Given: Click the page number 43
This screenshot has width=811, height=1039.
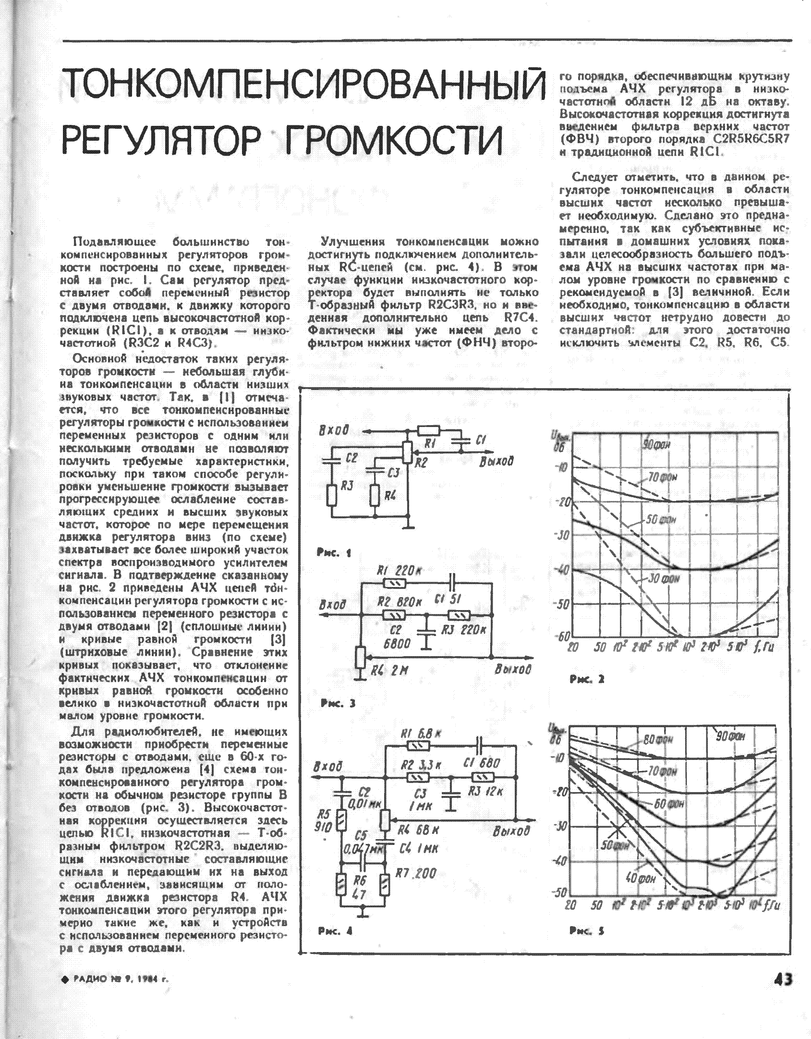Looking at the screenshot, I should click(x=783, y=979).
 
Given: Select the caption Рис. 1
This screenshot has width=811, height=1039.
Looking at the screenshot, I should click(x=334, y=553).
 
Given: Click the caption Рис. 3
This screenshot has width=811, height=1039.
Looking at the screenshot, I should click(x=338, y=704).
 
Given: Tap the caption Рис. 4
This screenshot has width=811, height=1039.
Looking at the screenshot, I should click(x=335, y=931).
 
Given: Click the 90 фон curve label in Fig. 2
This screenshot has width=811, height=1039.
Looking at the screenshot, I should click(x=656, y=444).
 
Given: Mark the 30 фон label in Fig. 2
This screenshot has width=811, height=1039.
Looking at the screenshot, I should click(x=664, y=579).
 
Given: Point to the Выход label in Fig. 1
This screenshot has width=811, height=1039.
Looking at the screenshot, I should click(x=496, y=461).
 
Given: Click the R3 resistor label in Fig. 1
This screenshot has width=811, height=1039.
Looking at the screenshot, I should click(x=347, y=486).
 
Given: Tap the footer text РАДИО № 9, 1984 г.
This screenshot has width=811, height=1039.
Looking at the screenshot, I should click(x=116, y=979).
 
